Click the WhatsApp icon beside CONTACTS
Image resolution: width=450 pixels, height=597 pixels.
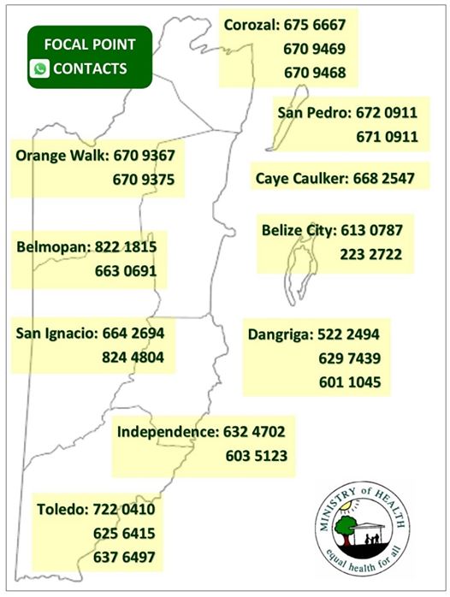pyautogui.click(x=39, y=68)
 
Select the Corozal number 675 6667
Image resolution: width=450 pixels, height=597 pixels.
pyautogui.click(x=314, y=27)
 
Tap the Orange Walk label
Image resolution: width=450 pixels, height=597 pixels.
pyautogui.click(x=61, y=156)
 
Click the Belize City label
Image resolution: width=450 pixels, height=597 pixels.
pyautogui.click(x=299, y=230)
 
